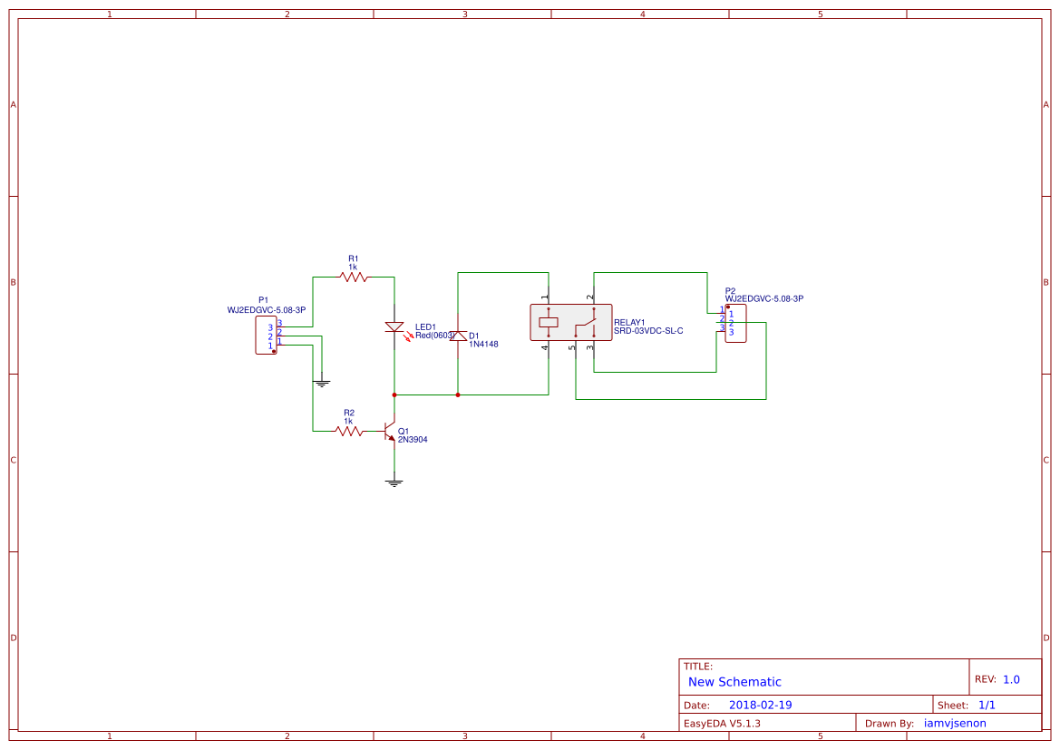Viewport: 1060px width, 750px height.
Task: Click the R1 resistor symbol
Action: [x=354, y=277]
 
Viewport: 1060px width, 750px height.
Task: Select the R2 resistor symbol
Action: [x=349, y=431]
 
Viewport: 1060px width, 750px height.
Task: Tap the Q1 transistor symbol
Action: [x=391, y=431]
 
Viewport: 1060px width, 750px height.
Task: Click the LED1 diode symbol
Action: [x=394, y=327]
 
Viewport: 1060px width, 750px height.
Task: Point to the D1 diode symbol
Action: [x=458, y=336]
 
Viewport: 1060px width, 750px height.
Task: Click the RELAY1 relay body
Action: [x=570, y=322]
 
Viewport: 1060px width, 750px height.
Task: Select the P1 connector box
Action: [x=266, y=336]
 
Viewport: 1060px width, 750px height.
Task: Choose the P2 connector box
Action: [x=735, y=323]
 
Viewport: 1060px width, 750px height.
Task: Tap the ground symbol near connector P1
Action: [x=321, y=383]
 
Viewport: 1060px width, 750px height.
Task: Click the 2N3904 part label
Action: [x=413, y=440]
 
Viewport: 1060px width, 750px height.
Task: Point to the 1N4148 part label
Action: [x=483, y=345]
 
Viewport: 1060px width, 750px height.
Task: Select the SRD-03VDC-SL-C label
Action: [x=647, y=331]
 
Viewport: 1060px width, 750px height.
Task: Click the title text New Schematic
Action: [x=734, y=682]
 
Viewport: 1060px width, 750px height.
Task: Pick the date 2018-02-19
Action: [x=760, y=705]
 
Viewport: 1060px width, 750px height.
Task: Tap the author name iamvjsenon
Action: [x=955, y=723]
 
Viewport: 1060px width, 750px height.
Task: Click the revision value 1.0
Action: [x=1011, y=679]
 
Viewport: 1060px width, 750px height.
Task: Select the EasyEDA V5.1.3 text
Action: [x=722, y=723]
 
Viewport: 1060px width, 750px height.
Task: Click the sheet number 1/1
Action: [x=987, y=705]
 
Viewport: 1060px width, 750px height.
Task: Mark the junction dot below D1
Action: [x=458, y=394]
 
